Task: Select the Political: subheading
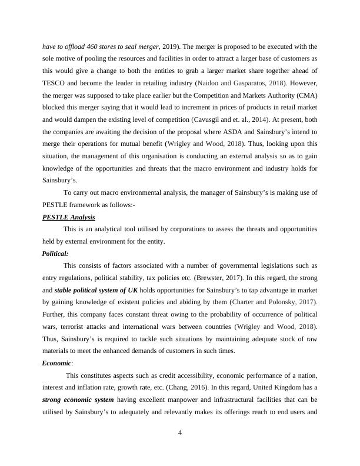(x=58, y=254)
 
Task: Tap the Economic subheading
(x=56, y=363)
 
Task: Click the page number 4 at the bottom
(x=180, y=432)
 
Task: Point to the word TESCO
(x=54, y=84)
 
